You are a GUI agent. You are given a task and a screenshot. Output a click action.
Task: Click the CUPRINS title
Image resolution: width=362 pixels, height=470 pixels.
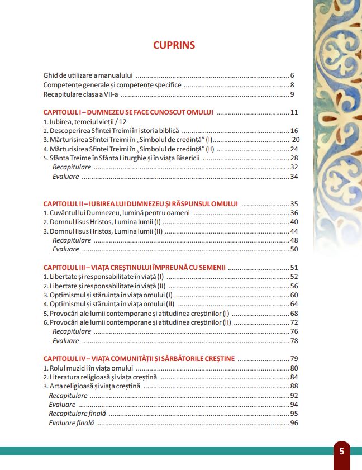tap(174, 45)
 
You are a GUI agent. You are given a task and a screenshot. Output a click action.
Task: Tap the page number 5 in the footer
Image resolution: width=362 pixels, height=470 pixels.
tap(341, 451)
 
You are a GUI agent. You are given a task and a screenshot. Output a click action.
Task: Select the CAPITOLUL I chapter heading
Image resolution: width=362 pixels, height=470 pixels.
tap(128, 112)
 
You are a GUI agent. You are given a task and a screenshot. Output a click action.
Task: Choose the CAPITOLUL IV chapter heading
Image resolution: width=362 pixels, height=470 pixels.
tap(139, 359)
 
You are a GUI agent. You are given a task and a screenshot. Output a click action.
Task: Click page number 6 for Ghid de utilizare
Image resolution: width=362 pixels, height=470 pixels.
tap(292, 75)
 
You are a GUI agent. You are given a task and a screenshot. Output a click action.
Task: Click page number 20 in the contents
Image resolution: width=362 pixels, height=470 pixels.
tap(296, 140)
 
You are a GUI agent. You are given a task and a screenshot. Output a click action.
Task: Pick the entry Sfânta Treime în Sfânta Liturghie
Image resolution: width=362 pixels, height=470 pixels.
tap(121, 158)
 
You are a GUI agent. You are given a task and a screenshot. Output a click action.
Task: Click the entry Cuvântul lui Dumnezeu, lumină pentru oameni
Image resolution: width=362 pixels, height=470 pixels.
tap(117, 213)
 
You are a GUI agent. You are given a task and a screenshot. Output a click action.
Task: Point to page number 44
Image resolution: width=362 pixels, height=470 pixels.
tap(294, 231)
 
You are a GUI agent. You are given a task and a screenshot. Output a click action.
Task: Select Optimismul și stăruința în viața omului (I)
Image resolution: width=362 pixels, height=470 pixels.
tap(108, 295)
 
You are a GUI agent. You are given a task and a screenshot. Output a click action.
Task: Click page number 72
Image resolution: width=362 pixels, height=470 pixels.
tap(294, 322)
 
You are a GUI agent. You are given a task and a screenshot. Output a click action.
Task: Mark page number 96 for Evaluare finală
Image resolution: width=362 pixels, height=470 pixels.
tap(294, 423)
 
